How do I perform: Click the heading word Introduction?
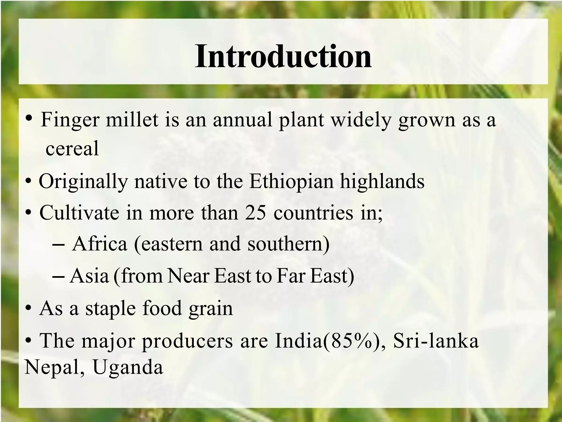click(283, 57)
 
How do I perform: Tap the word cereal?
click(72, 148)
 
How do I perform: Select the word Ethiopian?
click(291, 181)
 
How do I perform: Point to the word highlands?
click(382, 181)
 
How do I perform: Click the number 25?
click(255, 213)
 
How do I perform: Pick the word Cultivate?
click(79, 213)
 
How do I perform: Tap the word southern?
click(288, 244)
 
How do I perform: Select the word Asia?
click(89, 276)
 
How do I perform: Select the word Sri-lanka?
click(436, 341)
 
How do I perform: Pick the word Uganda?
click(128, 367)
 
